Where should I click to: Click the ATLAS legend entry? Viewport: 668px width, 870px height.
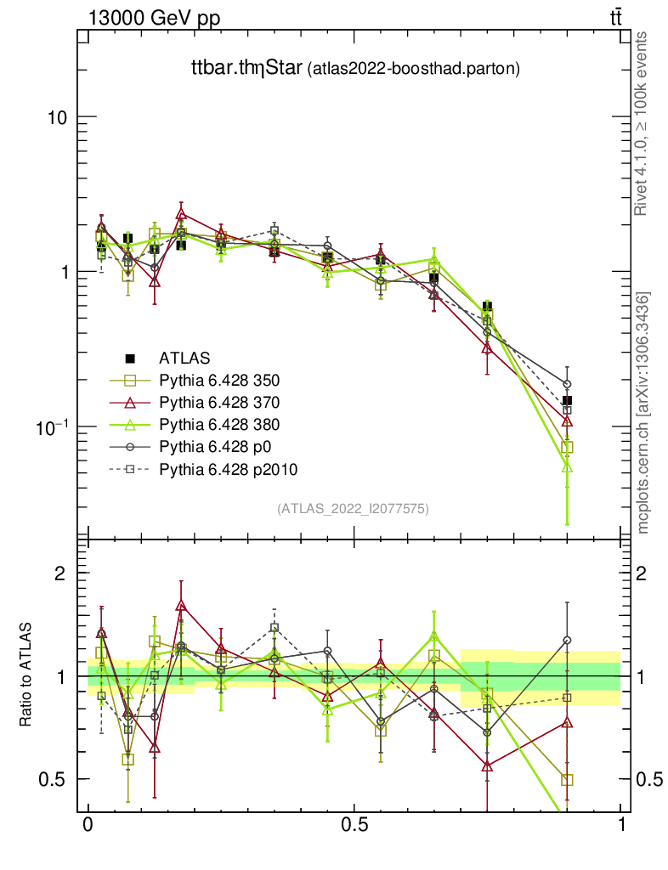point(184,359)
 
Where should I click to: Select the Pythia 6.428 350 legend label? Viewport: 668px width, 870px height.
point(220,380)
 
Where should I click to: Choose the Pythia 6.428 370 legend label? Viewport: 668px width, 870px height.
point(220,402)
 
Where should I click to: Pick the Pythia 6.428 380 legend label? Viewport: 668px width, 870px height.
point(220,424)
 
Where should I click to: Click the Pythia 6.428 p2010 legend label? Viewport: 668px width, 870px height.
point(228,468)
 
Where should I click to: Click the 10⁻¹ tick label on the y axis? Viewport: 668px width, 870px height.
point(52,427)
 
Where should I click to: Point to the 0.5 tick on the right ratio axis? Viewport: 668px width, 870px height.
point(648,779)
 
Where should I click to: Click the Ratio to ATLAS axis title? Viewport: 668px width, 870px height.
point(26,675)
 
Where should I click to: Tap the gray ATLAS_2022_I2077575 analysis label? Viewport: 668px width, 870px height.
point(353,509)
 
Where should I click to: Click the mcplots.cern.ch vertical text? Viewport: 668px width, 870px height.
point(644,413)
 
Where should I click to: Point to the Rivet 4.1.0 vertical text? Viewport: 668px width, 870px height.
point(644,124)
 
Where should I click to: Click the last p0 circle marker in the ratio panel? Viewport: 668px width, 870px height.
point(567,640)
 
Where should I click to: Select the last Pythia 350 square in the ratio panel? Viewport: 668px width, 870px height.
point(567,779)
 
